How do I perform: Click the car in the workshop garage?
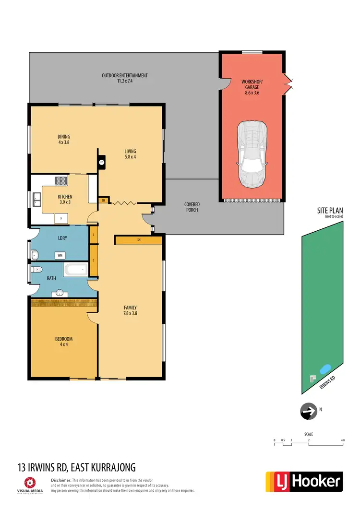pos(252,154)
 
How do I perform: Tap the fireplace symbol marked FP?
pos(101,163)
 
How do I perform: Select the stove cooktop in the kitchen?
pos(61,181)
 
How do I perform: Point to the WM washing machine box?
pos(60,255)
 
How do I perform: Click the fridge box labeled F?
pos(60,219)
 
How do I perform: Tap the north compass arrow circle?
pos(307,411)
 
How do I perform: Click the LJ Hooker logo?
pos(304,481)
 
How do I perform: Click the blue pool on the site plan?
pos(325,369)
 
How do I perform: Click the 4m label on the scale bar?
pos(342,440)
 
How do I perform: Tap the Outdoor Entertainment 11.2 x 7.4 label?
pos(124,78)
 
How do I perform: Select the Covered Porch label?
pos(192,207)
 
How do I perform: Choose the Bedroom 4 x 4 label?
pos(63,342)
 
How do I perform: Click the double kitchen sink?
pos(36,199)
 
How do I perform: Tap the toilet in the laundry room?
pos(34,254)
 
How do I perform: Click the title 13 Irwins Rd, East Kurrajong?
pos(76,467)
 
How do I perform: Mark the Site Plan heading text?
pos(330,211)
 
